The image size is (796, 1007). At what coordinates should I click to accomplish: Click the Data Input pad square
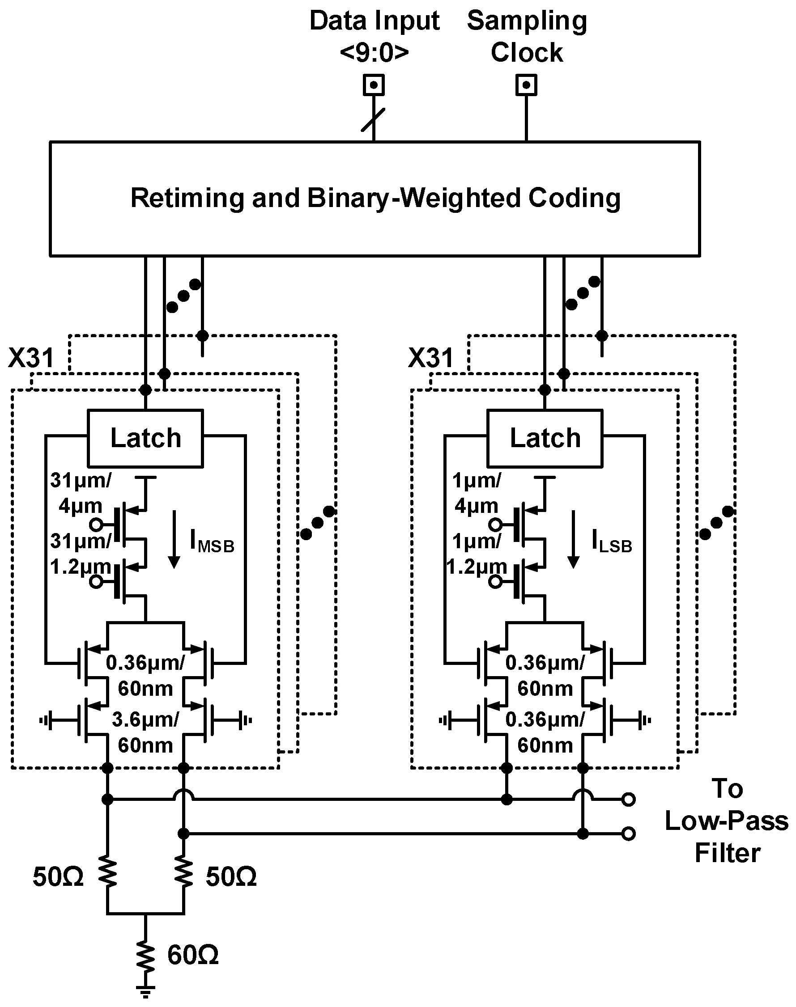coord(374,85)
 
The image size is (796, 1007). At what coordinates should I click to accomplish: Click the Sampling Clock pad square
coord(526,85)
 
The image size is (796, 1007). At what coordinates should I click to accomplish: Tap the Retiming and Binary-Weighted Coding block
coord(375,199)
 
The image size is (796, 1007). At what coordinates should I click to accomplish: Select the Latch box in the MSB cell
coord(145,438)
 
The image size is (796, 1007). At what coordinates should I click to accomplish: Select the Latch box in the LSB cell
coord(545,438)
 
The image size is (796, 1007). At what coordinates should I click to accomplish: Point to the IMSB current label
coord(212,542)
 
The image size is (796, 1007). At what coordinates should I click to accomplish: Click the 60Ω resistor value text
coord(193,954)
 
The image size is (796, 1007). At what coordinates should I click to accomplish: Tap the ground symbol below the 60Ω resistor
coord(145,992)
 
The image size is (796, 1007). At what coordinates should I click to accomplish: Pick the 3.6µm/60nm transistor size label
coord(145,732)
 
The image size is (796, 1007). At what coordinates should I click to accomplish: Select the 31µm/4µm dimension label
coord(80,492)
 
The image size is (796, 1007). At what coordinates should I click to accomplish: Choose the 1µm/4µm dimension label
coord(476,492)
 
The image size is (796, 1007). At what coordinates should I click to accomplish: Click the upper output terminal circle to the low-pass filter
coord(628,799)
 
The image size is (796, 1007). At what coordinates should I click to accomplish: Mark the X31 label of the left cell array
coord(31,358)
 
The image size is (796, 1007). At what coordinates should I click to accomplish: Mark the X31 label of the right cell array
coord(430,358)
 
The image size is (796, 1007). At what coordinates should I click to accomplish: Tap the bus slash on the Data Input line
coord(373,120)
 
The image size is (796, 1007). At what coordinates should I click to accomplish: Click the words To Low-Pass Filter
coord(726,821)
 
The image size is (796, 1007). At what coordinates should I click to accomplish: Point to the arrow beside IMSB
coord(175,539)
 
